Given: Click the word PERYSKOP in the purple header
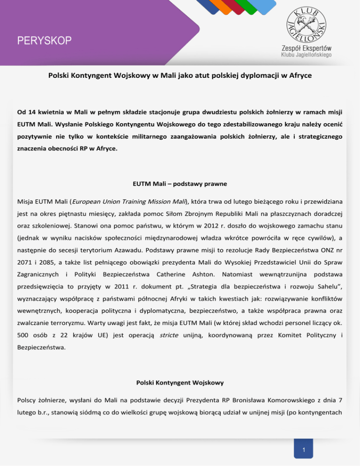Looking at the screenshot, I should (45, 41).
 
